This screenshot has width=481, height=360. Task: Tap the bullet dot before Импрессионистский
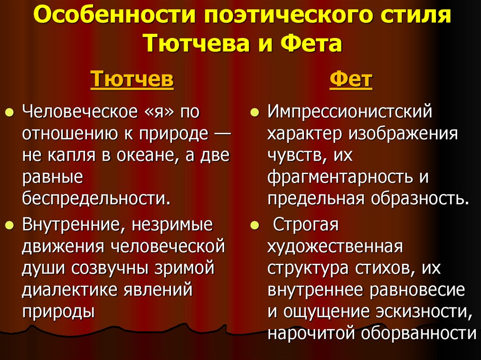pyautogui.click(x=254, y=114)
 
